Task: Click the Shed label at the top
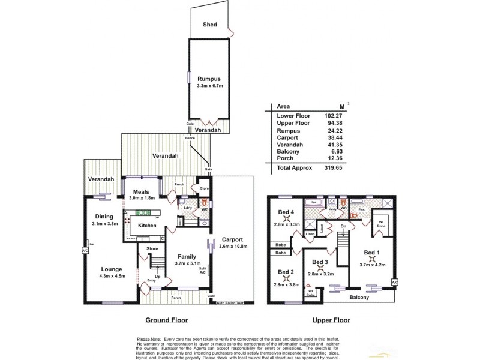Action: click(x=209, y=25)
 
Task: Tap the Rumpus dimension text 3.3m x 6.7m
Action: click(x=210, y=86)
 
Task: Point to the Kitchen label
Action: click(x=147, y=226)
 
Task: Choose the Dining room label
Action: click(x=104, y=217)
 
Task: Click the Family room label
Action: click(x=187, y=256)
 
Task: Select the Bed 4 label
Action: click(x=286, y=212)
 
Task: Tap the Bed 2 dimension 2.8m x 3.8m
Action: click(x=286, y=284)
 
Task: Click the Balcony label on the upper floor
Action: click(x=359, y=298)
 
